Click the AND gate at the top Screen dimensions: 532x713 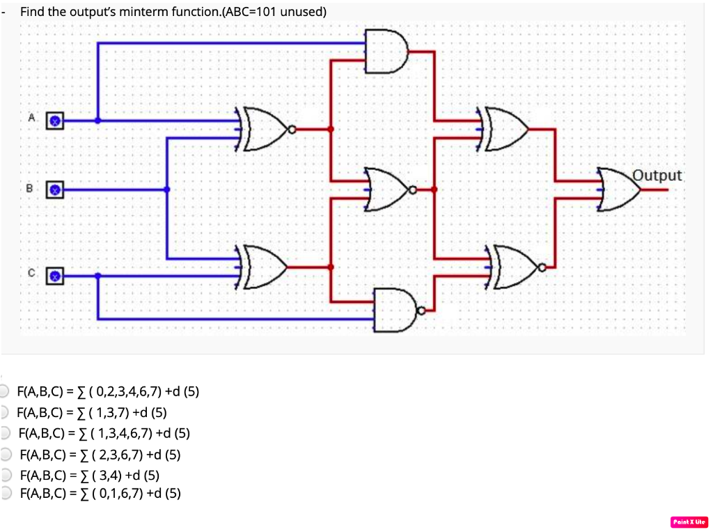[x=386, y=51]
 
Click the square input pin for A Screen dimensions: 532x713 [x=55, y=120]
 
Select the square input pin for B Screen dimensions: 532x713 [x=55, y=189]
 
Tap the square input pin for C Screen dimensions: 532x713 [x=55, y=276]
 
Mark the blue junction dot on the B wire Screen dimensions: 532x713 [x=166, y=189]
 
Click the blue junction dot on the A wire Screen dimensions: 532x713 [x=97, y=120]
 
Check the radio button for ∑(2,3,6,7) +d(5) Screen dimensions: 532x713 [x=6, y=455]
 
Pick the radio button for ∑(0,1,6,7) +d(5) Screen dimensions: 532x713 [x=6, y=494]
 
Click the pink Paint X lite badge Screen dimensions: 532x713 [x=689, y=522]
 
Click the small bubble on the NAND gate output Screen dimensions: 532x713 [x=421, y=310]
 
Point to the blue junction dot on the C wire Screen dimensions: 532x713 [x=97, y=276]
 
